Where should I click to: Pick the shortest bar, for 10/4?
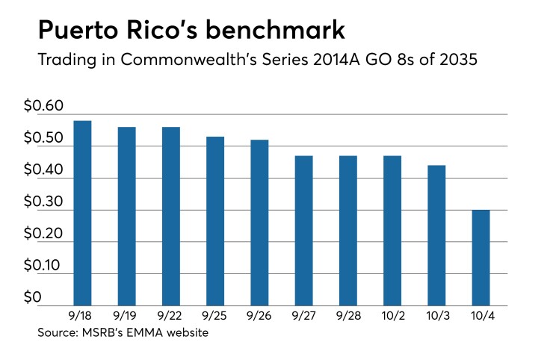pos(481,257)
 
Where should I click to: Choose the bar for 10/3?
pos(436,235)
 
